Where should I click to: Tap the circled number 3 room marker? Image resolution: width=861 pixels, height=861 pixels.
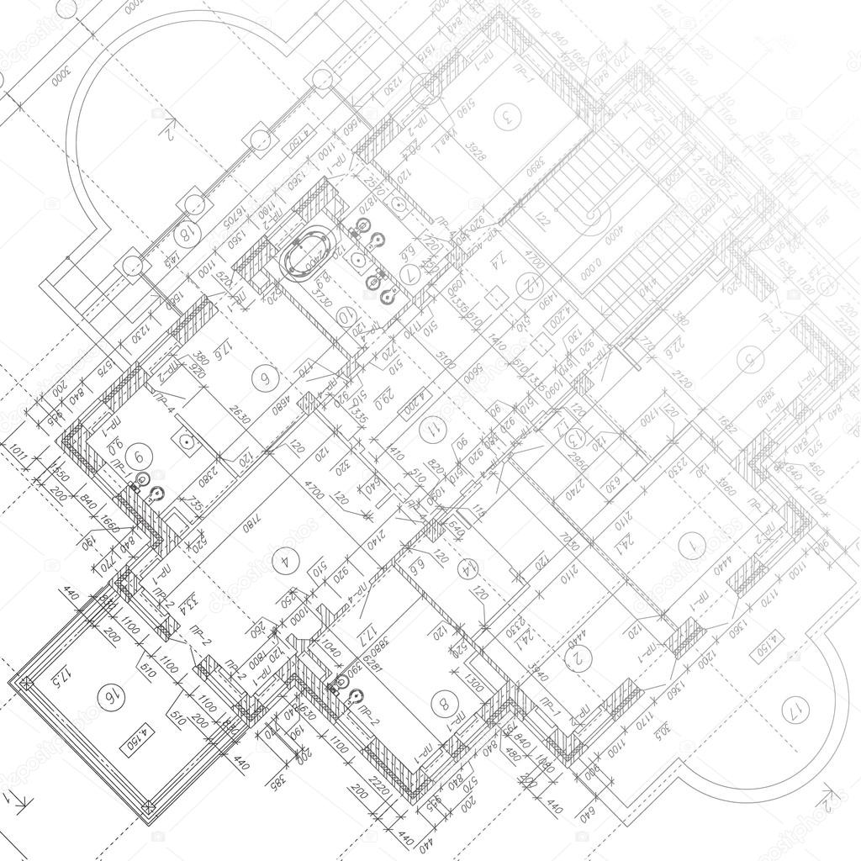coord(505,116)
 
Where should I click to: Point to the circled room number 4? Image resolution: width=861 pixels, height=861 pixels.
coord(285,557)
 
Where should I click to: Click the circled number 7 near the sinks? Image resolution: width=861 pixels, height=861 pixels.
coord(409,274)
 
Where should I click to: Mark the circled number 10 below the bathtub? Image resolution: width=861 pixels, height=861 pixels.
coord(345,316)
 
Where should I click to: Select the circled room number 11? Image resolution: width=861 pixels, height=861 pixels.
coord(434,430)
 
